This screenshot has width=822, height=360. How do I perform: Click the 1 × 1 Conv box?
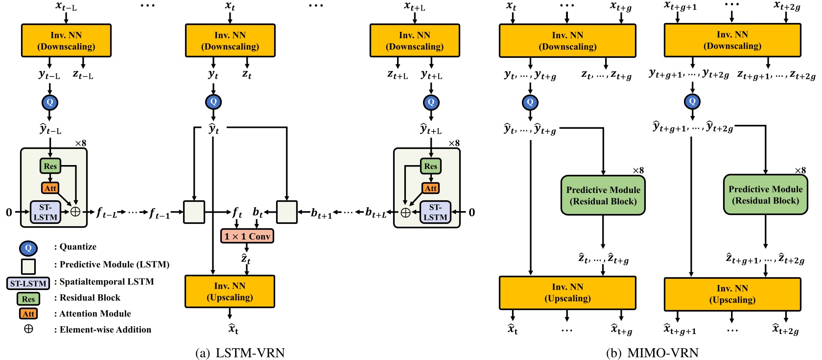[x=247, y=236]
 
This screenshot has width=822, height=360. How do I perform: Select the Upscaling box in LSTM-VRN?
[x=230, y=291]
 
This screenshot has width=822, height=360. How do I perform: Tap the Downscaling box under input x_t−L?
[x=66, y=41]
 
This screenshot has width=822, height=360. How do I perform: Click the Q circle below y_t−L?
[x=50, y=102]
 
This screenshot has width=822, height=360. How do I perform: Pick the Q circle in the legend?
[x=28, y=248]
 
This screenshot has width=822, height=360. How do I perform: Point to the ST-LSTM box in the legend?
[x=28, y=283]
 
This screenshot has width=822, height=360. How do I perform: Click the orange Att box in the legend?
[x=28, y=313]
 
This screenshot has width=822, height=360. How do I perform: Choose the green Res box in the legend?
[x=28, y=298]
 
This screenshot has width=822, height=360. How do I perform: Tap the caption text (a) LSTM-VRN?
[x=240, y=353]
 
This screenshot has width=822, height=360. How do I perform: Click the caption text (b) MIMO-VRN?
[x=652, y=353]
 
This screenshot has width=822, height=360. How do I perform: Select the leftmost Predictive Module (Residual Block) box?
[x=603, y=195]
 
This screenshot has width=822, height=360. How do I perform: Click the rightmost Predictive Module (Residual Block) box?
[x=765, y=195]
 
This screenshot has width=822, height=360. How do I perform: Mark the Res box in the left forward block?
[x=50, y=166]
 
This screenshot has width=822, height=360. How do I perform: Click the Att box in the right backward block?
[x=431, y=188]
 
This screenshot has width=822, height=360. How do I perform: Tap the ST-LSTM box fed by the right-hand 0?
[x=435, y=212]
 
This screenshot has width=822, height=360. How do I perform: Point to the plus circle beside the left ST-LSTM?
[x=75, y=212]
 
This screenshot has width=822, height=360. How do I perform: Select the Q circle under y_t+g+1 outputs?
[x=692, y=101]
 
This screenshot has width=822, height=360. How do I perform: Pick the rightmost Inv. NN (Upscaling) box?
[x=732, y=294]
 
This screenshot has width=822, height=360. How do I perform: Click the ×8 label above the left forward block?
[x=81, y=144]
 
